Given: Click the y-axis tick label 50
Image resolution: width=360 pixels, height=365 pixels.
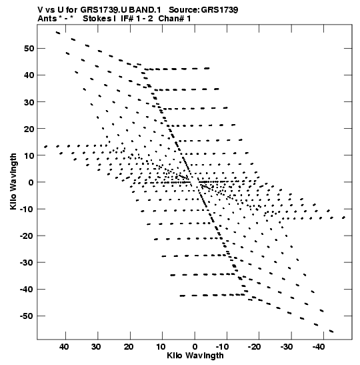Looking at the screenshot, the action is pyautogui.click(x=29, y=49).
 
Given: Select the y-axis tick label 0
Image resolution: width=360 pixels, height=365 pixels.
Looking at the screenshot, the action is pyautogui.click(x=31, y=182).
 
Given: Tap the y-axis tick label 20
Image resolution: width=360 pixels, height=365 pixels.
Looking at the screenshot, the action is pyautogui.click(x=29, y=129).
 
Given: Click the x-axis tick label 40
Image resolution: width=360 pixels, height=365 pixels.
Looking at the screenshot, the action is pyautogui.click(x=64, y=347).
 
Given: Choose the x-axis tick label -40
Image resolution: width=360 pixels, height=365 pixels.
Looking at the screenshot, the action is pyautogui.click(x=319, y=347).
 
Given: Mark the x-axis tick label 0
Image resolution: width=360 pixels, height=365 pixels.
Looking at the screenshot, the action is pyautogui.click(x=195, y=347).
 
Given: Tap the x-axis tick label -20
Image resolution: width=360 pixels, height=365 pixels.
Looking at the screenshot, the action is pyautogui.click(x=254, y=347).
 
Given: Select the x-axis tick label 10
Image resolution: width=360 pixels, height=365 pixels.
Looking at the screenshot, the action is pyautogui.click(x=161, y=347).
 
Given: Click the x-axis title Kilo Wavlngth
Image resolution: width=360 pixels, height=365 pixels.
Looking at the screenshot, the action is pyautogui.click(x=195, y=356).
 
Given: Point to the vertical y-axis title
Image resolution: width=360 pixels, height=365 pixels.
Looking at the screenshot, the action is pyautogui.click(x=13, y=181).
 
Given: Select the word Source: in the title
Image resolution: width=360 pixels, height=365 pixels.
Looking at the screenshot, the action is pyautogui.click(x=184, y=10).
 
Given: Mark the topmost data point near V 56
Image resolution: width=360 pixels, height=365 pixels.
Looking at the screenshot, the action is pyautogui.click(x=58, y=33).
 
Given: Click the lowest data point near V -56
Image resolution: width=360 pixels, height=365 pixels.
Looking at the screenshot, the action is pyautogui.click(x=331, y=331).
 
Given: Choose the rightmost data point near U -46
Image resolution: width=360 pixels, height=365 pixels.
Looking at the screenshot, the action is pyautogui.click(x=343, y=218).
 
